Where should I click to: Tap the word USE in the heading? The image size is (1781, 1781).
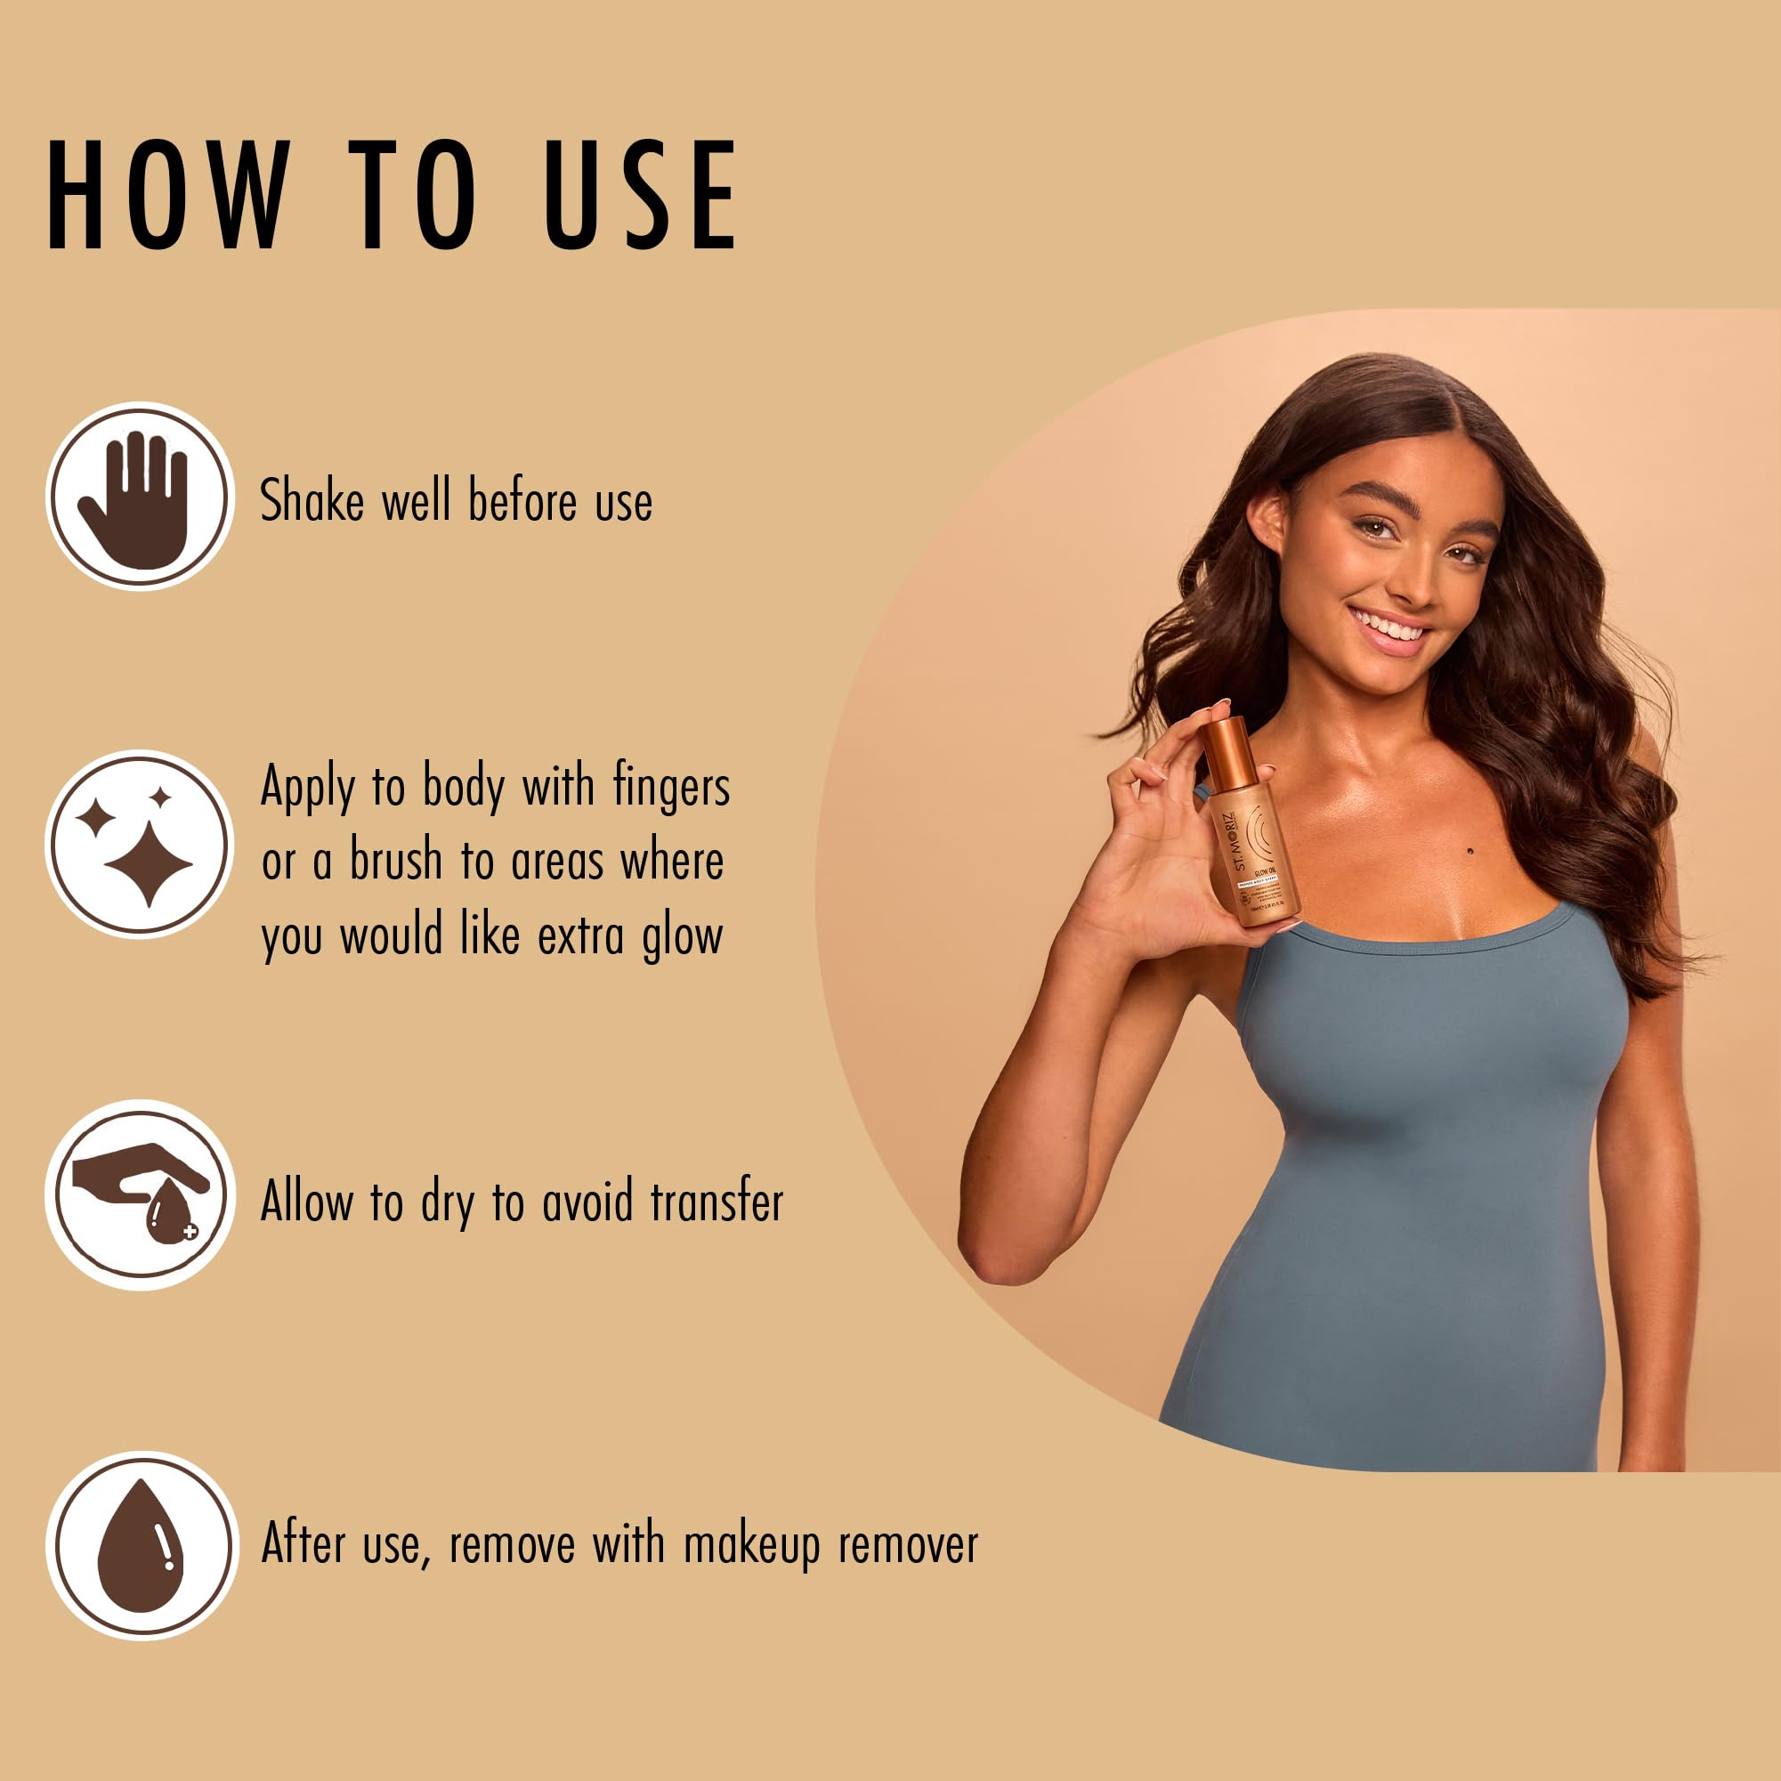pos(641,195)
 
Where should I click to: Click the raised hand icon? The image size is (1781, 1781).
pos(139,497)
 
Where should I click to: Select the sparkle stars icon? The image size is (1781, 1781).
pos(139,845)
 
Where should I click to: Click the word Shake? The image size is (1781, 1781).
pos(312,500)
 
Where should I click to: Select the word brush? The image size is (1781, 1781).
pos(395,861)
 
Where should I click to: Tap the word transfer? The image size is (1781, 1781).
pos(716,1202)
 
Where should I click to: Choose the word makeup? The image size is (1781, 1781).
pos(751,1546)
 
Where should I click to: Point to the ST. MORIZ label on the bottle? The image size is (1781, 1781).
pos(1241,838)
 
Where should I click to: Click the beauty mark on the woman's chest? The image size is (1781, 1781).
pos(1469,851)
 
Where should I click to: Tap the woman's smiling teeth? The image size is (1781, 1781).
pos(1389,628)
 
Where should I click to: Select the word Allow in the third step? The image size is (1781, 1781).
pos(307,1202)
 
